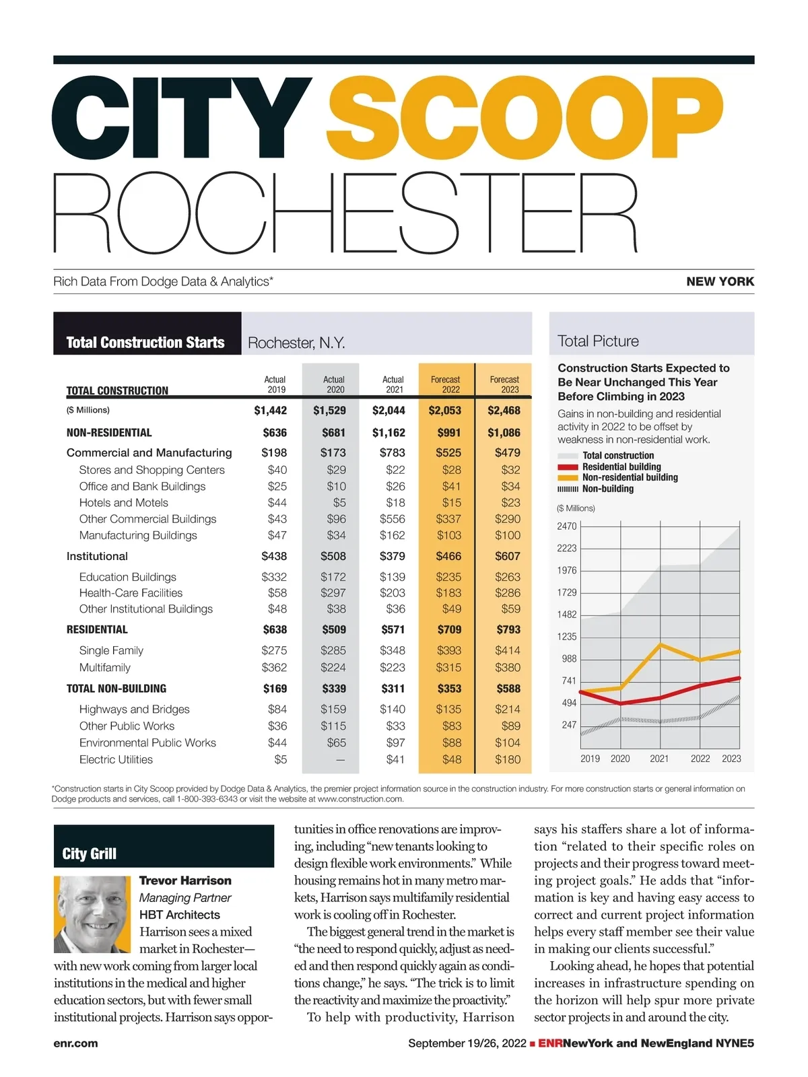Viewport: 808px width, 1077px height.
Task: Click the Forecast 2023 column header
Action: pyautogui.click(x=504, y=384)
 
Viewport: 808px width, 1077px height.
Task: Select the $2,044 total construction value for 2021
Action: pyautogui.click(x=389, y=411)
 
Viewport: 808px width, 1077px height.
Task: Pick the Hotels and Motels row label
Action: pyautogui.click(x=123, y=503)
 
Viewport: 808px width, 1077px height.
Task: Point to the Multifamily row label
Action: pyautogui.click(x=104, y=668)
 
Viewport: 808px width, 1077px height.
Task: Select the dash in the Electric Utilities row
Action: pyautogui.click(x=340, y=760)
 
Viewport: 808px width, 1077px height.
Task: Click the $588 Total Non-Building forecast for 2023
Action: pyautogui.click(x=508, y=689)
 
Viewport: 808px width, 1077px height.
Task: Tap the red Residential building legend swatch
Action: pyautogui.click(x=568, y=466)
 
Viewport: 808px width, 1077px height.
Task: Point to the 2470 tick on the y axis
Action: pyautogui.click(x=566, y=526)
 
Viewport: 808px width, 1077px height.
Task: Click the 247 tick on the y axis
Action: pyautogui.click(x=569, y=725)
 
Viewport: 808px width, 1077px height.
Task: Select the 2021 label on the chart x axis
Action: pyautogui.click(x=659, y=759)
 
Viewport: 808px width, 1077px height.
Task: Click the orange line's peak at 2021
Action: pyautogui.click(x=660, y=645)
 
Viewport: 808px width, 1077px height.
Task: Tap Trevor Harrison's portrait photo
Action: pyautogui.click(x=92, y=913)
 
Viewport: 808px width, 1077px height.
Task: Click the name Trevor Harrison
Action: pyautogui.click(x=185, y=880)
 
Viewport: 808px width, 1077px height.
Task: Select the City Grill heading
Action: pyautogui.click(x=89, y=854)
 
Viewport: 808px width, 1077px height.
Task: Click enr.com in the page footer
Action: pyautogui.click(x=75, y=1043)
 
